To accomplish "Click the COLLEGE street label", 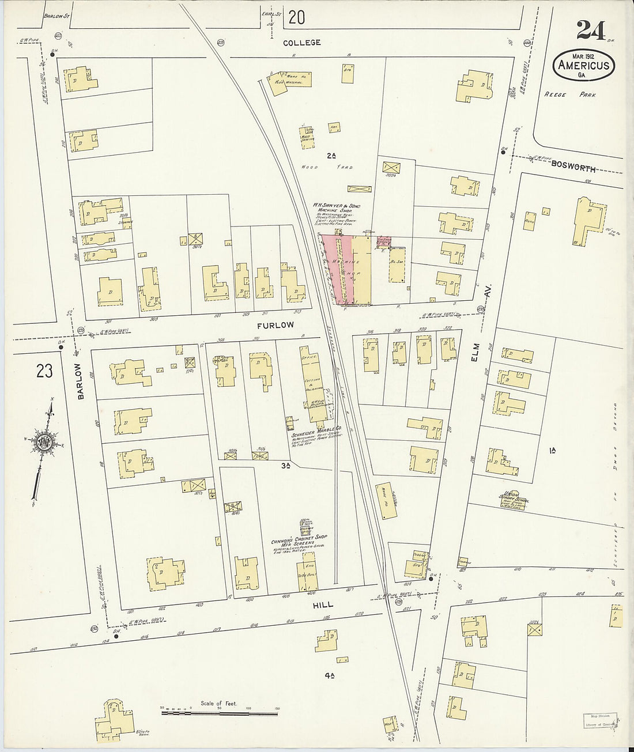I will pyautogui.click(x=302, y=43).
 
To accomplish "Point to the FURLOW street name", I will pyautogui.click(x=276, y=326).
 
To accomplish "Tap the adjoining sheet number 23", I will pyautogui.click(x=44, y=372).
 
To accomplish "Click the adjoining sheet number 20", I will pyautogui.click(x=296, y=18).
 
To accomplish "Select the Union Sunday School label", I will pyautogui.click(x=512, y=496).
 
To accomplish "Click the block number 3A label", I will pyautogui.click(x=286, y=464).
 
